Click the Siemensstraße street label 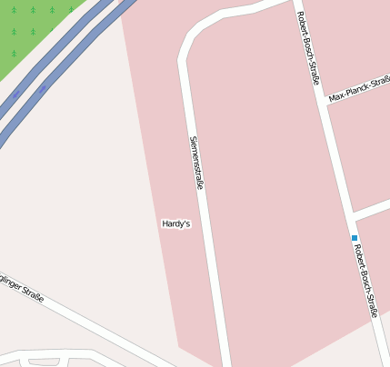click(x=195, y=163)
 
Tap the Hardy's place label click(x=175, y=223)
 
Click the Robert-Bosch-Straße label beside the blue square click(x=365, y=281)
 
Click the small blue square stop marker click(x=355, y=238)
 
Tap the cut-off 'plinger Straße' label click(x=20, y=286)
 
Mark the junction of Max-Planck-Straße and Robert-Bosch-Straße click(x=325, y=101)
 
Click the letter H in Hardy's click(x=165, y=223)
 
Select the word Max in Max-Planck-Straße click(x=336, y=95)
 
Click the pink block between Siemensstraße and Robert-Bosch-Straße click(x=264, y=182)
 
